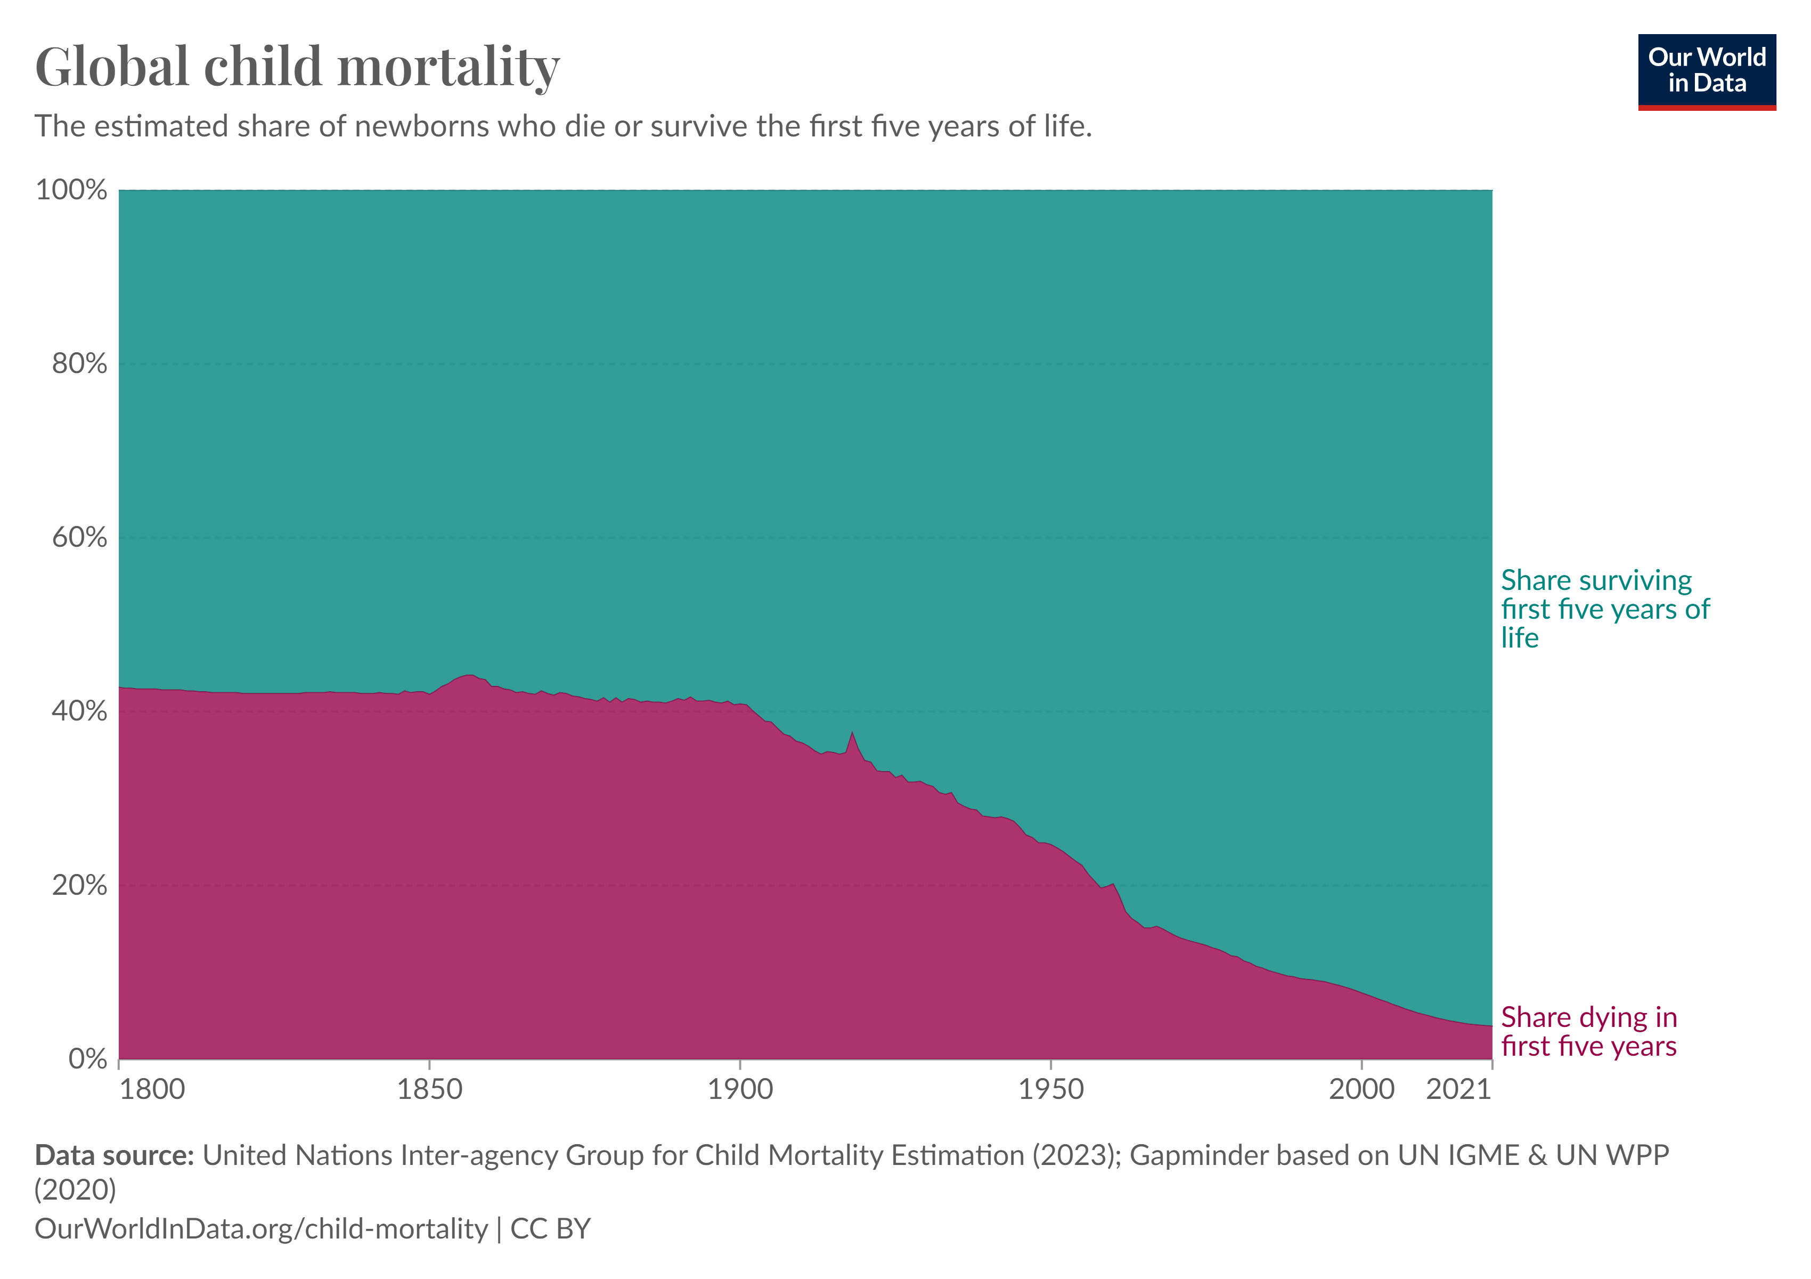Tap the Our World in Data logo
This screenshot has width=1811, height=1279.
1706,71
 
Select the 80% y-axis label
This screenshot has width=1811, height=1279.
79,364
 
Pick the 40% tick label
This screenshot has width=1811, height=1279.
79,711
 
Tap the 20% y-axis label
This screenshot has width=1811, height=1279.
79,885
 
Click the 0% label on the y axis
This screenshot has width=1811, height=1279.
87,1059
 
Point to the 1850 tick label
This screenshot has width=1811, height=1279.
429,1090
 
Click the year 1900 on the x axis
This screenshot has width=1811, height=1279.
740,1090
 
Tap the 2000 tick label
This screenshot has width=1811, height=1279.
1361,1090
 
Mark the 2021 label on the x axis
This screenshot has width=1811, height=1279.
1458,1090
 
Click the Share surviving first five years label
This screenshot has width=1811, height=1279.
1604,609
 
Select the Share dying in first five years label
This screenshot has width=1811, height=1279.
1588,1031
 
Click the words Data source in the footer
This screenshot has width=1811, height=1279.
113,1155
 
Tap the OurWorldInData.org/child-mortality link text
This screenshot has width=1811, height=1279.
261,1228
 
